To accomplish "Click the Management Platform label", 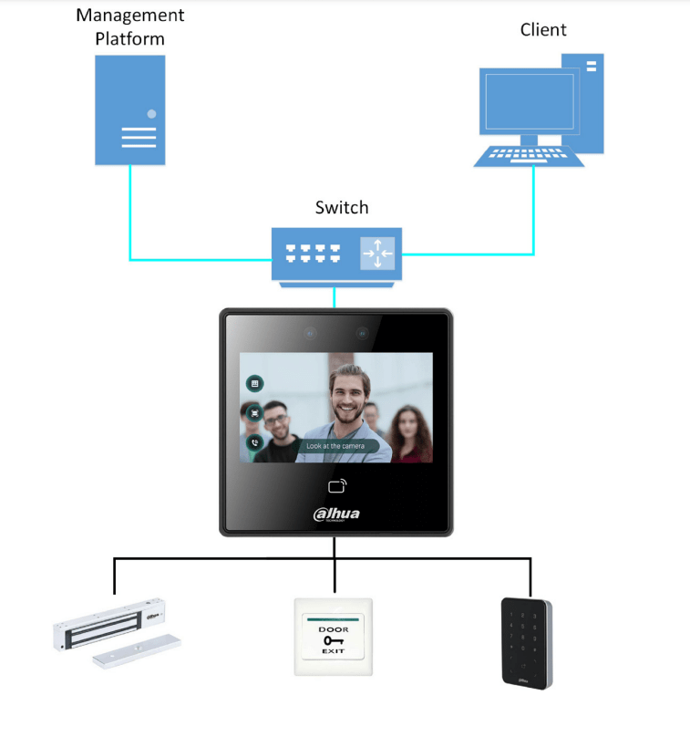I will [130, 27].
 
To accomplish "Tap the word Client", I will [543, 30].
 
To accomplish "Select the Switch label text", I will [342, 208].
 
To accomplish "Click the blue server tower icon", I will [130, 109].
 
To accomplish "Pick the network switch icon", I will [336, 254].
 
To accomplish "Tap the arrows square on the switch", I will [376, 253].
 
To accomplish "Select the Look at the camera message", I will [335, 446].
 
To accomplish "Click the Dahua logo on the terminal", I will [336, 514].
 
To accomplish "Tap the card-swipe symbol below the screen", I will [337, 485].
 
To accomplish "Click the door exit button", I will [334, 637].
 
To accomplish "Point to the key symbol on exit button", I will [333, 641].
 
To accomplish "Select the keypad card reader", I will [526, 640].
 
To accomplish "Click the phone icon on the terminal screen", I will [255, 442].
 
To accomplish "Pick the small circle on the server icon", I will [151, 114].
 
